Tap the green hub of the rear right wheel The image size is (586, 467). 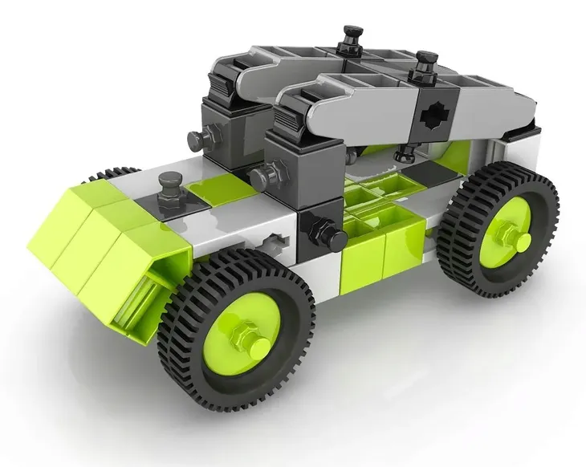[503, 233]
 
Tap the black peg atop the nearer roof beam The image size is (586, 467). [420, 67]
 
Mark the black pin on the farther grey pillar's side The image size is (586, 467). [195, 140]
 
